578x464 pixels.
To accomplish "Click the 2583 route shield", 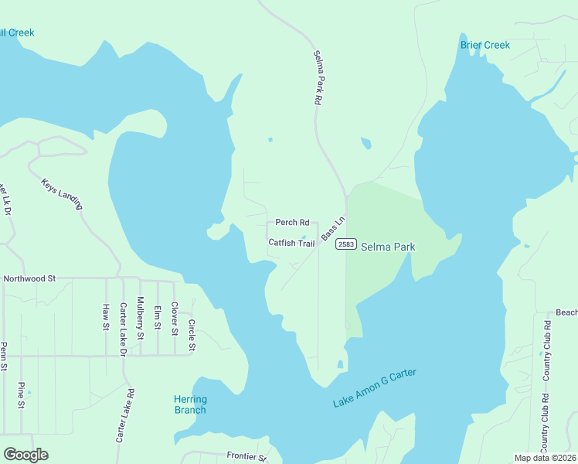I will [x=345, y=244].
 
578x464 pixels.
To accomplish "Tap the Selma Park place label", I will [x=388, y=247].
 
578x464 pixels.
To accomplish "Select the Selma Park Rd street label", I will [x=318, y=77].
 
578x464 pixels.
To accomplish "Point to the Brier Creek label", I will [x=485, y=45].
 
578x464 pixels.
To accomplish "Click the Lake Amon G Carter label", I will [x=374, y=388].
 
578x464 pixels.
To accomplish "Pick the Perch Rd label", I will [x=292, y=223].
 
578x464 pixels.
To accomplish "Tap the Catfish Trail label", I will [x=291, y=243].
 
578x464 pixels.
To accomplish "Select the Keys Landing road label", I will [x=61, y=193].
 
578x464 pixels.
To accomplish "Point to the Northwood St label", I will [x=30, y=278].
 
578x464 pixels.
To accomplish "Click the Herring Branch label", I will [x=190, y=404].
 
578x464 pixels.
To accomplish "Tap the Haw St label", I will [x=106, y=316].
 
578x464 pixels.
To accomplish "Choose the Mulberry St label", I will [x=140, y=319].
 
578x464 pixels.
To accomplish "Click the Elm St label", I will [x=158, y=316].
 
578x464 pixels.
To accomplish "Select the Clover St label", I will [x=175, y=319].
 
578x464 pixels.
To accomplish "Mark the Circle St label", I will [x=192, y=335].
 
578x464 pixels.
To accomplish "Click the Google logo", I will [x=26, y=455].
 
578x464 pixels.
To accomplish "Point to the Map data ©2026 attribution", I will [x=545, y=458].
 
